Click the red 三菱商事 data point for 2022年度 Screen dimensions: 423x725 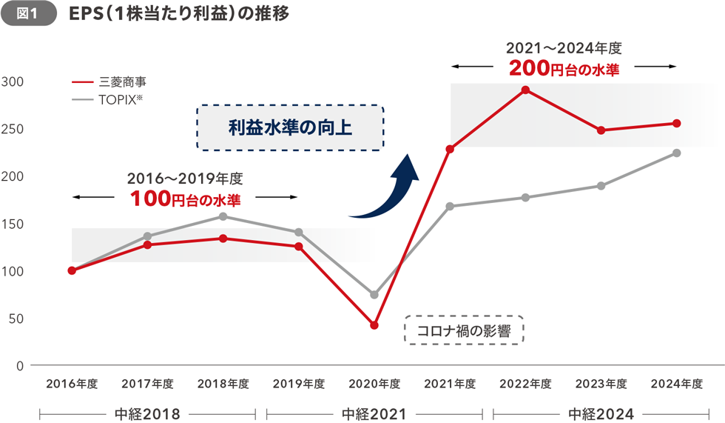pos(525,90)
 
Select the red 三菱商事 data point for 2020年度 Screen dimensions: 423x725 pos(374,325)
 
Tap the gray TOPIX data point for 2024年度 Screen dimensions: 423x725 pos(676,153)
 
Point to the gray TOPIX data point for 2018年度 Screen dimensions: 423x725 pos(223,216)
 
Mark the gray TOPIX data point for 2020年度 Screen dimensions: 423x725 pos(374,295)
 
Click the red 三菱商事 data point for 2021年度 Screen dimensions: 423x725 pos(450,149)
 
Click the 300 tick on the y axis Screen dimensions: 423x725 pos(13,81)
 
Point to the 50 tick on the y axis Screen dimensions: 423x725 pos(17,319)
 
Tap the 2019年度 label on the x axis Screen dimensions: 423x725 pos(299,384)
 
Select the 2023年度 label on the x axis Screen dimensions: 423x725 pos(601,384)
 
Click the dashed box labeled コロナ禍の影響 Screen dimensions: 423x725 pos(464,330)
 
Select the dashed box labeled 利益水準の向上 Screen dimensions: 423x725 pos(290,127)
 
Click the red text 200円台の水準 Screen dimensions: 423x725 pos(564,70)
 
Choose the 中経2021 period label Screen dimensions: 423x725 pos(374,413)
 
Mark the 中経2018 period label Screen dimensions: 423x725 pos(147,413)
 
